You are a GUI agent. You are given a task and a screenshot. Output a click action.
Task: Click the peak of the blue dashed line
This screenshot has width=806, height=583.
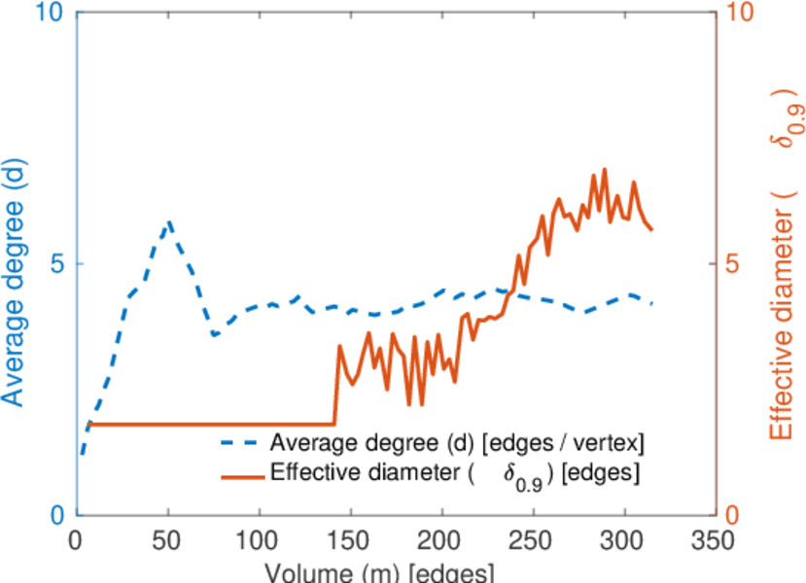169,222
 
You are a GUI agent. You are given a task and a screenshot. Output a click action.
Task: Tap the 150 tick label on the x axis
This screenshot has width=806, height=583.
350,541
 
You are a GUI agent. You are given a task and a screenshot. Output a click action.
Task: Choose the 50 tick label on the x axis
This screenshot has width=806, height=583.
167,541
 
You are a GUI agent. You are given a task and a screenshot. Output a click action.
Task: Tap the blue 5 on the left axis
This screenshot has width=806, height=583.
58,264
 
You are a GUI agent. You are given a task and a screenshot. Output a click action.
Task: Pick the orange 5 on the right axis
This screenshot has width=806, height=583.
735,264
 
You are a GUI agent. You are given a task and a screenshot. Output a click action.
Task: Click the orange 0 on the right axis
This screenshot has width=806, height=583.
735,515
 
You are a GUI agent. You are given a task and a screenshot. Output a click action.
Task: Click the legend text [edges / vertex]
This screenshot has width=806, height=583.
564,443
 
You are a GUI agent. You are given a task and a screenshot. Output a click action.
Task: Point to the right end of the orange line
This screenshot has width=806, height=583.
651,230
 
